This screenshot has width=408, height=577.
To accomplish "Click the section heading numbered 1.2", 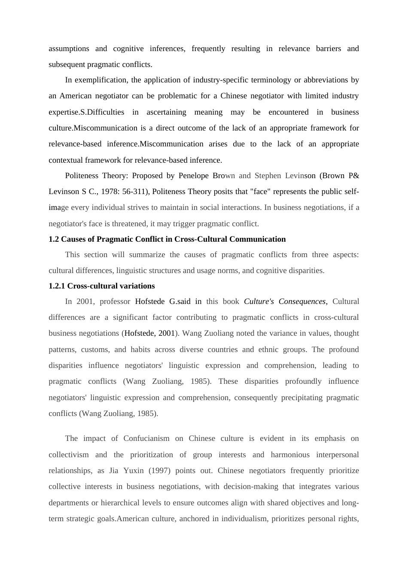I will point(167,239).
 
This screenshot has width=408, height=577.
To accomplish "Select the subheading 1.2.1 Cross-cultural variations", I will point(101,286).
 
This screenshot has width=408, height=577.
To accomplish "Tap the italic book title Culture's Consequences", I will point(285,301).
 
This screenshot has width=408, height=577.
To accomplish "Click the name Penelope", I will point(193,176).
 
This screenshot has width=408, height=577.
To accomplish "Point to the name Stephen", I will point(268,176).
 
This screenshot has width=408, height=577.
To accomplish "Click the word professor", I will point(115,301).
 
